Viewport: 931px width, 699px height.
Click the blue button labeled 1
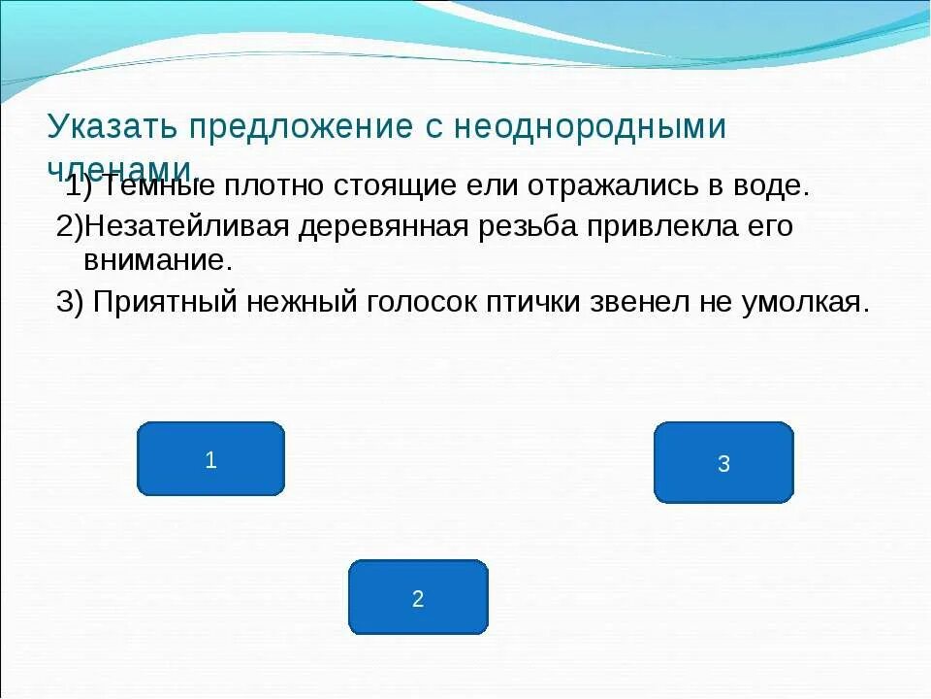(210, 459)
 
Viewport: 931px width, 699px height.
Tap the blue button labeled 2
(418, 598)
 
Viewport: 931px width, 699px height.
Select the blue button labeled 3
(723, 463)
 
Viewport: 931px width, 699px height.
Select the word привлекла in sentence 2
(658, 226)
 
